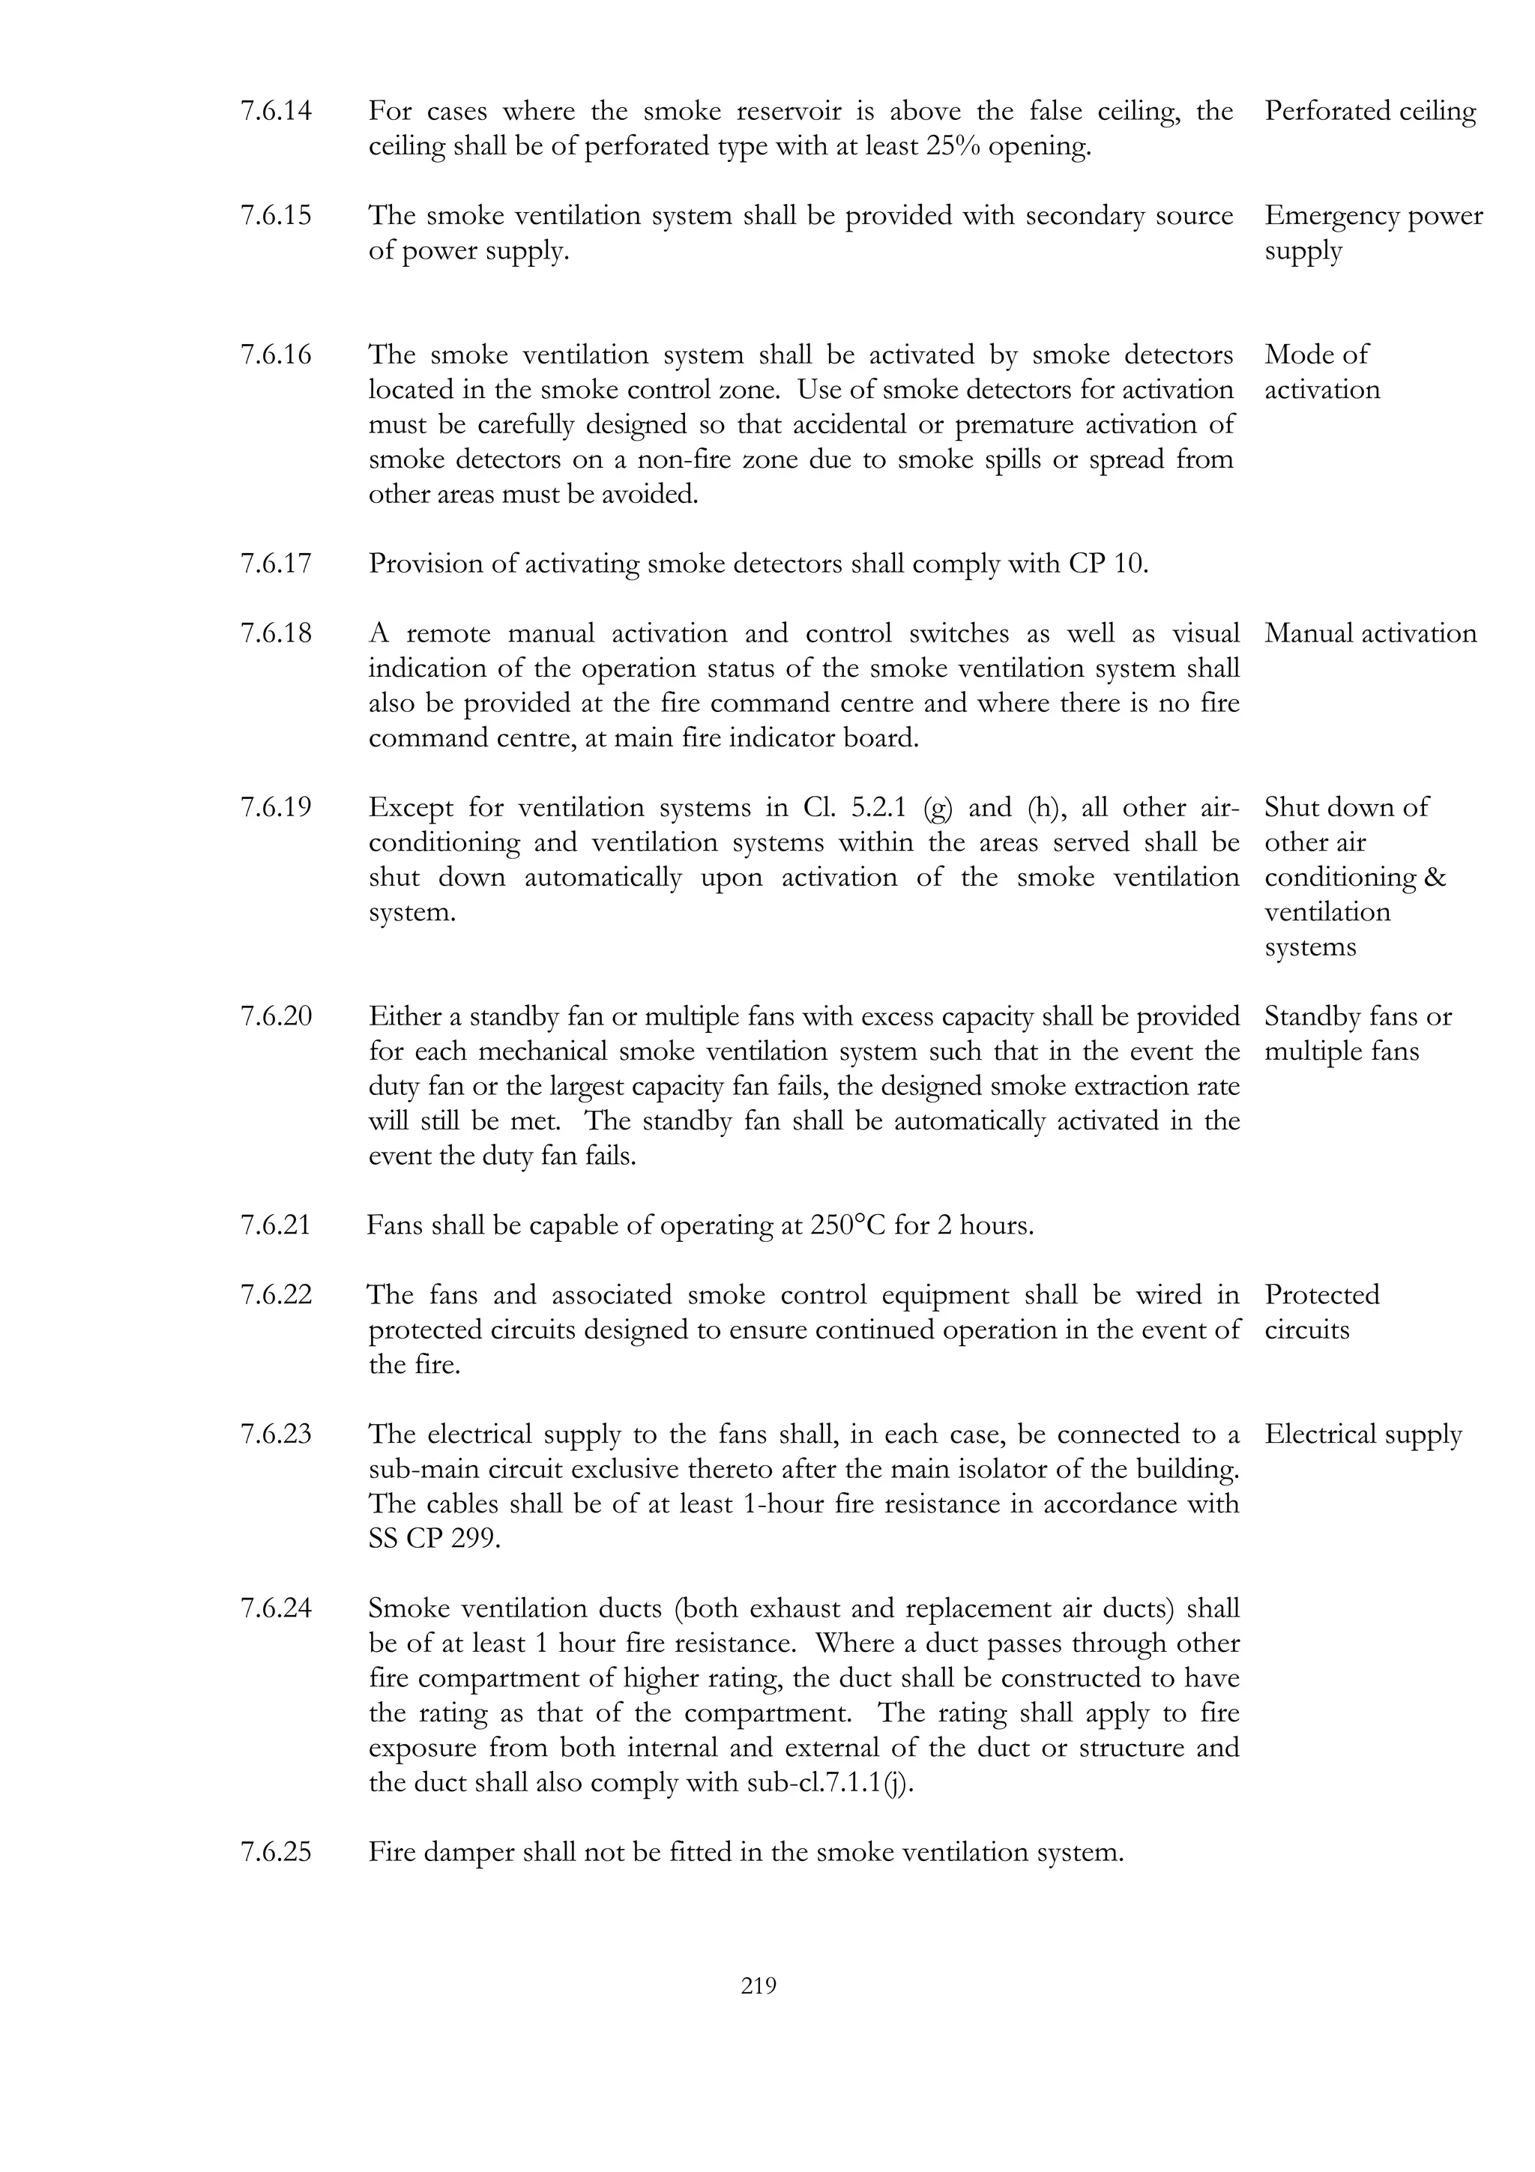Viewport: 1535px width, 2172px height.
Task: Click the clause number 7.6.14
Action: (275, 112)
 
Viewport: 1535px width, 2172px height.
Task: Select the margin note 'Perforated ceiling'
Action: (1369, 112)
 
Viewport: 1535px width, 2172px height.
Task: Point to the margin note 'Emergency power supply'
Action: (1372, 232)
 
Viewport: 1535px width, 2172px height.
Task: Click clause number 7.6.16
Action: (275, 355)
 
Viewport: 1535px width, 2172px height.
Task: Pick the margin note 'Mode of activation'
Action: (1321, 372)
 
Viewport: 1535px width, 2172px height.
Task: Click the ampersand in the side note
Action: (1435, 878)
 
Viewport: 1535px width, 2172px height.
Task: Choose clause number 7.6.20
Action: (275, 1017)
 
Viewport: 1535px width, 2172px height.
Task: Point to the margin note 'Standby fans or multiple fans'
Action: (1357, 1034)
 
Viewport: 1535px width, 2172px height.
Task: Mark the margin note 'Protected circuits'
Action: (1321, 1312)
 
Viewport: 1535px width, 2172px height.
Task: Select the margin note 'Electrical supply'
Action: (1363, 1435)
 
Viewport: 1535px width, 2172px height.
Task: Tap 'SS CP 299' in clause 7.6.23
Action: (433, 1539)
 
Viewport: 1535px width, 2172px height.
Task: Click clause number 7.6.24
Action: (275, 1609)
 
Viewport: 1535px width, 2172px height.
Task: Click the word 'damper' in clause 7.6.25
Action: (468, 1852)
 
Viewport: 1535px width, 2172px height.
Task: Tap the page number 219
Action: (759, 1985)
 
